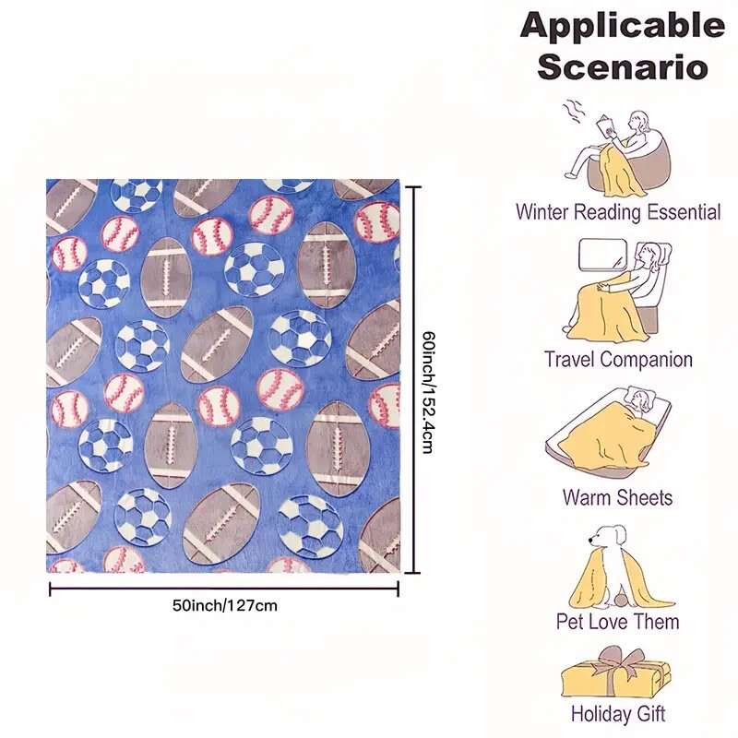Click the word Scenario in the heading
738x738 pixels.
[x=623, y=66]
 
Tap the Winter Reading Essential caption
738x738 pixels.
[x=618, y=212]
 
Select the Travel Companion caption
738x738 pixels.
[x=618, y=360]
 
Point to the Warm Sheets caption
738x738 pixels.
[x=618, y=498]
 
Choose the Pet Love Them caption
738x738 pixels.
[x=618, y=622]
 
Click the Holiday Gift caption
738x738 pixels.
[x=618, y=713]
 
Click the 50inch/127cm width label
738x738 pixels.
[x=224, y=606]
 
